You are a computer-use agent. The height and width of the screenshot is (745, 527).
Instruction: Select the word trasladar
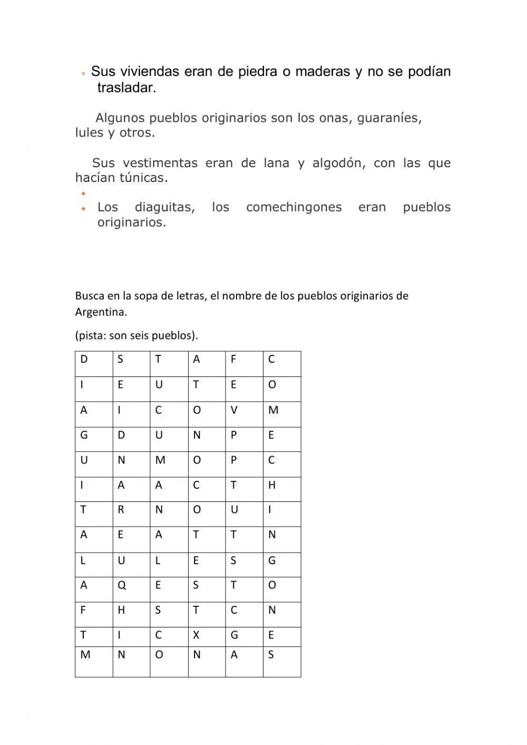tap(126, 88)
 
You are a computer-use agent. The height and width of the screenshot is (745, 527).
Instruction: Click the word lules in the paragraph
tap(89, 133)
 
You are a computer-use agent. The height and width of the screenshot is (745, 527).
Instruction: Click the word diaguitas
tap(164, 208)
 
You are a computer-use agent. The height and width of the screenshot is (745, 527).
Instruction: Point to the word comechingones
tap(294, 208)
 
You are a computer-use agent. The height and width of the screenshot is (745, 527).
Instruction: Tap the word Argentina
tap(101, 312)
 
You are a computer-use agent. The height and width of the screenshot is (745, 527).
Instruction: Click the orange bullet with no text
tap(83, 193)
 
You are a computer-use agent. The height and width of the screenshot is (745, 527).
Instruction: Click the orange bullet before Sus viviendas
tap(83, 73)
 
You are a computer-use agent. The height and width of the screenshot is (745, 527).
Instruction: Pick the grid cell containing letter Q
tap(131, 589)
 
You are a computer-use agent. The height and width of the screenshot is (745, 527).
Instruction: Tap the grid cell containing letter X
tap(207, 637)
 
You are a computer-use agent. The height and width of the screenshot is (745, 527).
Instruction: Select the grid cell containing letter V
tap(244, 414)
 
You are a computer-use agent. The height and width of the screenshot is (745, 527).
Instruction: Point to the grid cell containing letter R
tap(131, 514)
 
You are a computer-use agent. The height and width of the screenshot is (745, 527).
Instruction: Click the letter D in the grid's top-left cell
tap(84, 360)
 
